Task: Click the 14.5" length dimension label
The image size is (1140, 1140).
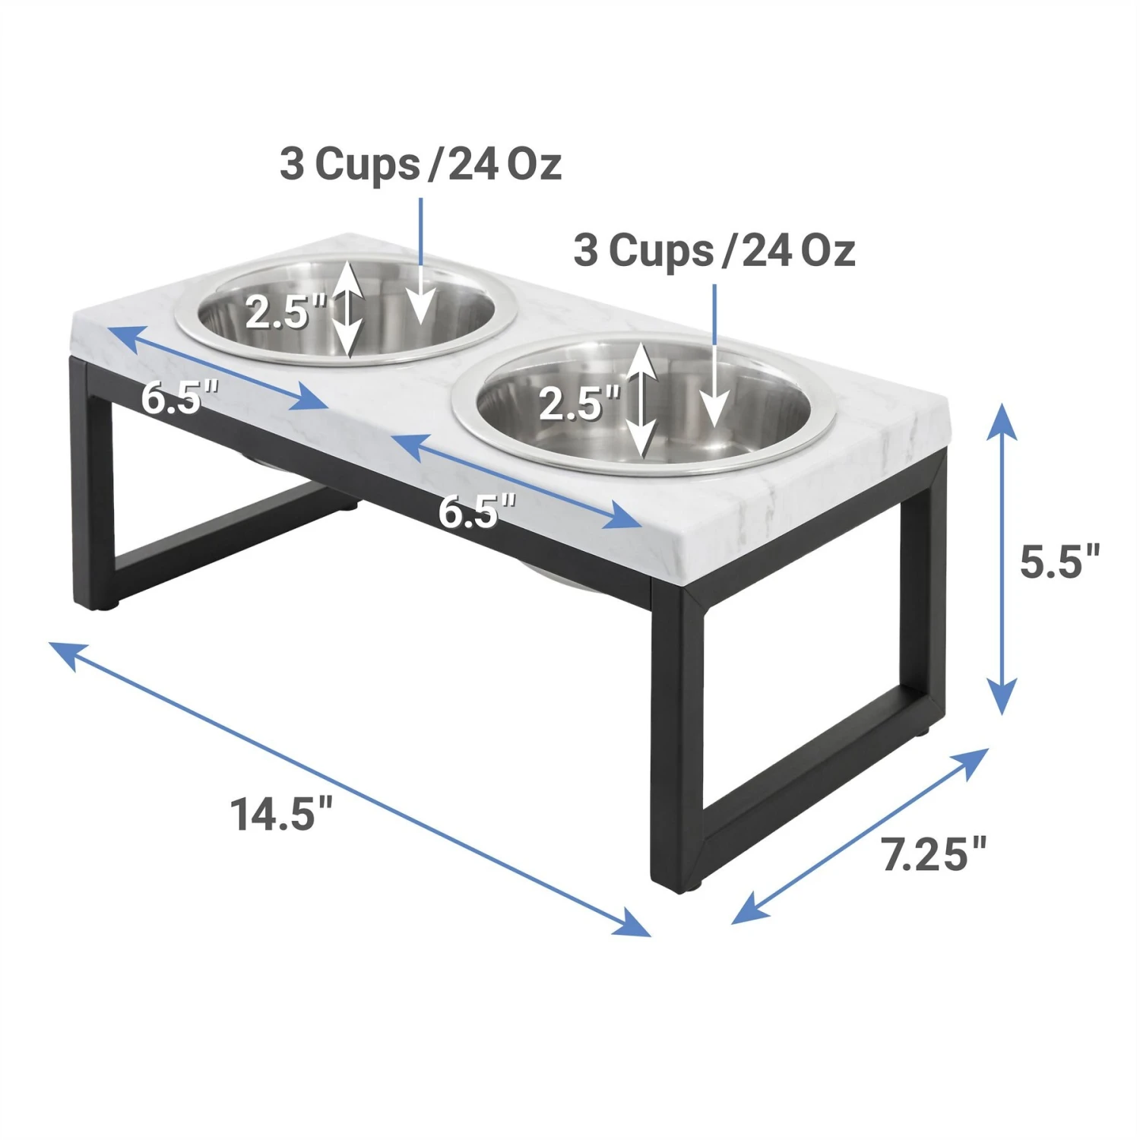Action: click(282, 814)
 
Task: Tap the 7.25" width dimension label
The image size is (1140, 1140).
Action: click(934, 853)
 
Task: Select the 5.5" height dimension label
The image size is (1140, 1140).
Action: click(1059, 562)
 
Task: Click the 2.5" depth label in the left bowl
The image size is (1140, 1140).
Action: click(285, 312)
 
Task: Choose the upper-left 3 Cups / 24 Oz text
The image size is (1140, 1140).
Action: click(420, 164)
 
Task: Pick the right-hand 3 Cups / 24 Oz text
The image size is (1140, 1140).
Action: click(714, 251)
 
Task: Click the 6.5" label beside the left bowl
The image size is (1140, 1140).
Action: click(179, 397)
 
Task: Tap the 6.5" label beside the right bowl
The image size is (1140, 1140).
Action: click(477, 511)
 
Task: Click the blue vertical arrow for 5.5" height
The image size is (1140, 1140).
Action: click(1002, 559)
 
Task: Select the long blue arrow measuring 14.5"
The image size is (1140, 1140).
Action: click(350, 789)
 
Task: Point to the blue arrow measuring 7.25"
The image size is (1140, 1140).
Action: click(859, 836)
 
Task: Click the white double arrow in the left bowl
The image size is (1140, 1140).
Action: click(348, 309)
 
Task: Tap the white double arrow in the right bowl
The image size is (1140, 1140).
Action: click(642, 399)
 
